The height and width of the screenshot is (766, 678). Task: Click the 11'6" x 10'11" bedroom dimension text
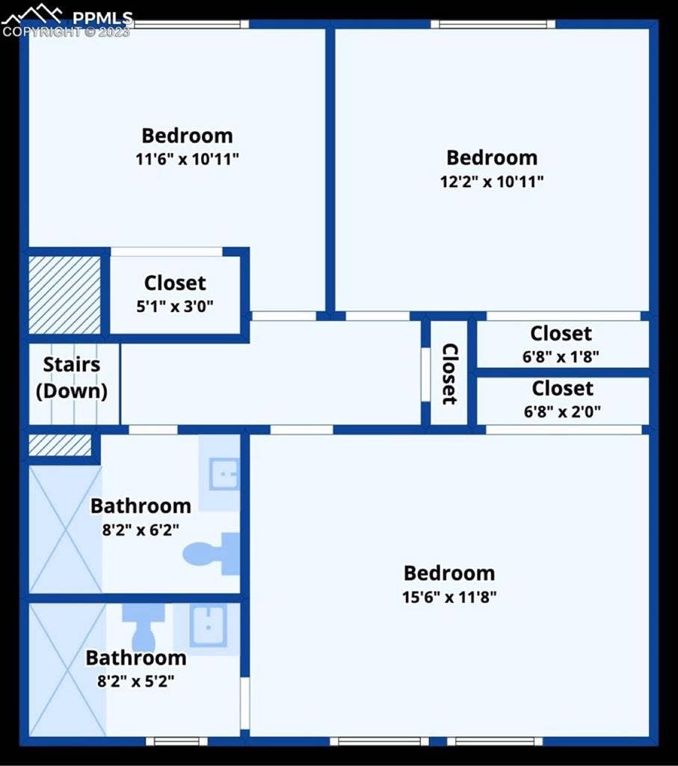(188, 159)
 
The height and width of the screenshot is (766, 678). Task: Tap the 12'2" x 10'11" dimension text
(491, 181)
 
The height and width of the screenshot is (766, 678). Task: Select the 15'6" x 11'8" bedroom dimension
(449, 597)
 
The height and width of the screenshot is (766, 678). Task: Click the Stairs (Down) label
(72, 378)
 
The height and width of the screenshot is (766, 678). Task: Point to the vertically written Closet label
(449, 373)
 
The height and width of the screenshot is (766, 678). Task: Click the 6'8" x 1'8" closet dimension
(561, 356)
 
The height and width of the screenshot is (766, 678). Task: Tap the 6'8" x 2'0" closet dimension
(562, 411)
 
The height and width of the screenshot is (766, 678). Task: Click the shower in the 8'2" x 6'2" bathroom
(65, 528)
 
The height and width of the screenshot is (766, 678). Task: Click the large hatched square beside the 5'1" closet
(64, 295)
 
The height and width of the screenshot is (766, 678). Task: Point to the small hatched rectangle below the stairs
(60, 445)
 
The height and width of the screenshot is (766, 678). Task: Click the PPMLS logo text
(103, 17)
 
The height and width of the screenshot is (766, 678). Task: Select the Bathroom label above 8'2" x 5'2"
(136, 658)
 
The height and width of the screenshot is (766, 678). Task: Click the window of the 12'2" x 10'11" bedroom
(493, 24)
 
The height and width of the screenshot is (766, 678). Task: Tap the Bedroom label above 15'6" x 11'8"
(449, 573)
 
